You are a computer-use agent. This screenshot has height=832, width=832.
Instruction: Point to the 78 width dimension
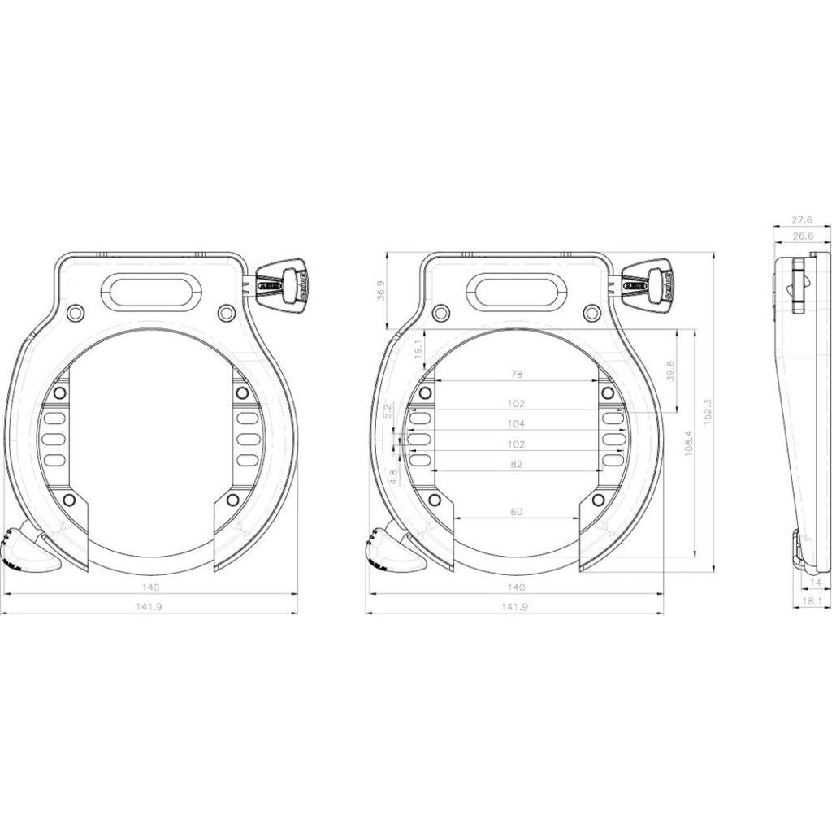coord(515,375)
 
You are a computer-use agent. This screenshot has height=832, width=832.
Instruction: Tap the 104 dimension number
coord(515,423)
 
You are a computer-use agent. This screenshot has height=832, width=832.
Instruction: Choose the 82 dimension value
coord(515,464)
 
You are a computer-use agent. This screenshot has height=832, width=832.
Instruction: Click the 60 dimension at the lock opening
coord(515,512)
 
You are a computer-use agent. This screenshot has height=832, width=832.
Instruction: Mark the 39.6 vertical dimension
coord(670,370)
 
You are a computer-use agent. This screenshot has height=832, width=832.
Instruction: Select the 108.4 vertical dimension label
coord(688,443)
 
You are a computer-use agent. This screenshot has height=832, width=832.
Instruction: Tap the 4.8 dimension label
coord(394,476)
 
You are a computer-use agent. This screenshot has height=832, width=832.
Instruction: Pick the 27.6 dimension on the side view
coord(802,219)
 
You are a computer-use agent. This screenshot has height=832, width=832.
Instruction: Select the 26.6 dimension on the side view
coord(802,236)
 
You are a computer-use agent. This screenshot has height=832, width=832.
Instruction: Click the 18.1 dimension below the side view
coord(812,602)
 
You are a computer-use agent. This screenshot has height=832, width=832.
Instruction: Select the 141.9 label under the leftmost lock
coord(150,606)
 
